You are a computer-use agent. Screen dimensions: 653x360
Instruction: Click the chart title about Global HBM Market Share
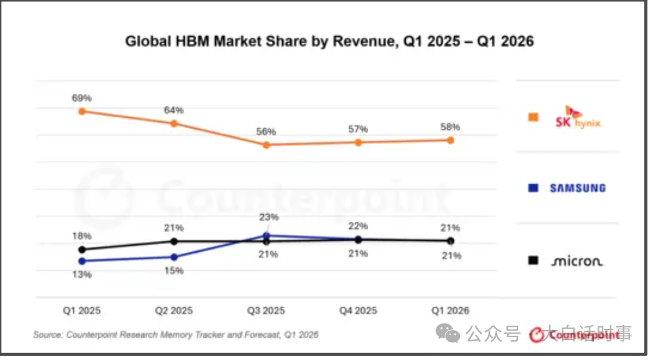click(329, 41)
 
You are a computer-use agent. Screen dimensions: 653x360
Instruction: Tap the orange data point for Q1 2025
click(82, 112)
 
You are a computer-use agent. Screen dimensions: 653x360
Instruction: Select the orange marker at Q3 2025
click(266, 145)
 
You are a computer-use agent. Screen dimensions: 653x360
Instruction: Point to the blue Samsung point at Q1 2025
click(82, 261)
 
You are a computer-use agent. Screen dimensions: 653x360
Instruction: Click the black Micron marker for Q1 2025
click(82, 250)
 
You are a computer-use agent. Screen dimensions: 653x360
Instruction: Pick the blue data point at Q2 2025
click(174, 257)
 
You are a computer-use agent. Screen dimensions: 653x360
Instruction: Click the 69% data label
click(82, 98)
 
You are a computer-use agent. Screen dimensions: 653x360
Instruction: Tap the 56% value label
click(266, 132)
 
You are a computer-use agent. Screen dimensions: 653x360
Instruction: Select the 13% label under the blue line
click(82, 275)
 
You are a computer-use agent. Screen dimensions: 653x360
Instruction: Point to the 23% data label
click(269, 217)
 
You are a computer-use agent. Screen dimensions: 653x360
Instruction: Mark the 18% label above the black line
click(82, 236)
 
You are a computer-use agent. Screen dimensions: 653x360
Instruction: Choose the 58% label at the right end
click(450, 127)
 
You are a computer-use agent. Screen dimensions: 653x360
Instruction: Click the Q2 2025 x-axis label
click(174, 310)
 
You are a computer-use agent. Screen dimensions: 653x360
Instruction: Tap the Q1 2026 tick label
click(450, 310)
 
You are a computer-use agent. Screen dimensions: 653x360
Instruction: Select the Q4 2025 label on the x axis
click(358, 310)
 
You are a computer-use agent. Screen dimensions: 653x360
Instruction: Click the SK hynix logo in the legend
click(578, 117)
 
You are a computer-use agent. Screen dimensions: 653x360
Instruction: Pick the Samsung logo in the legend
click(578, 189)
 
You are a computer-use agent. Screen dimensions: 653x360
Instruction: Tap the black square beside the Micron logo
click(533, 261)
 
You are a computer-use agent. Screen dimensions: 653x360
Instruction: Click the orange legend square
click(533, 117)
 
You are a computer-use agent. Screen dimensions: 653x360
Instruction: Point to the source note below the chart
click(176, 335)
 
